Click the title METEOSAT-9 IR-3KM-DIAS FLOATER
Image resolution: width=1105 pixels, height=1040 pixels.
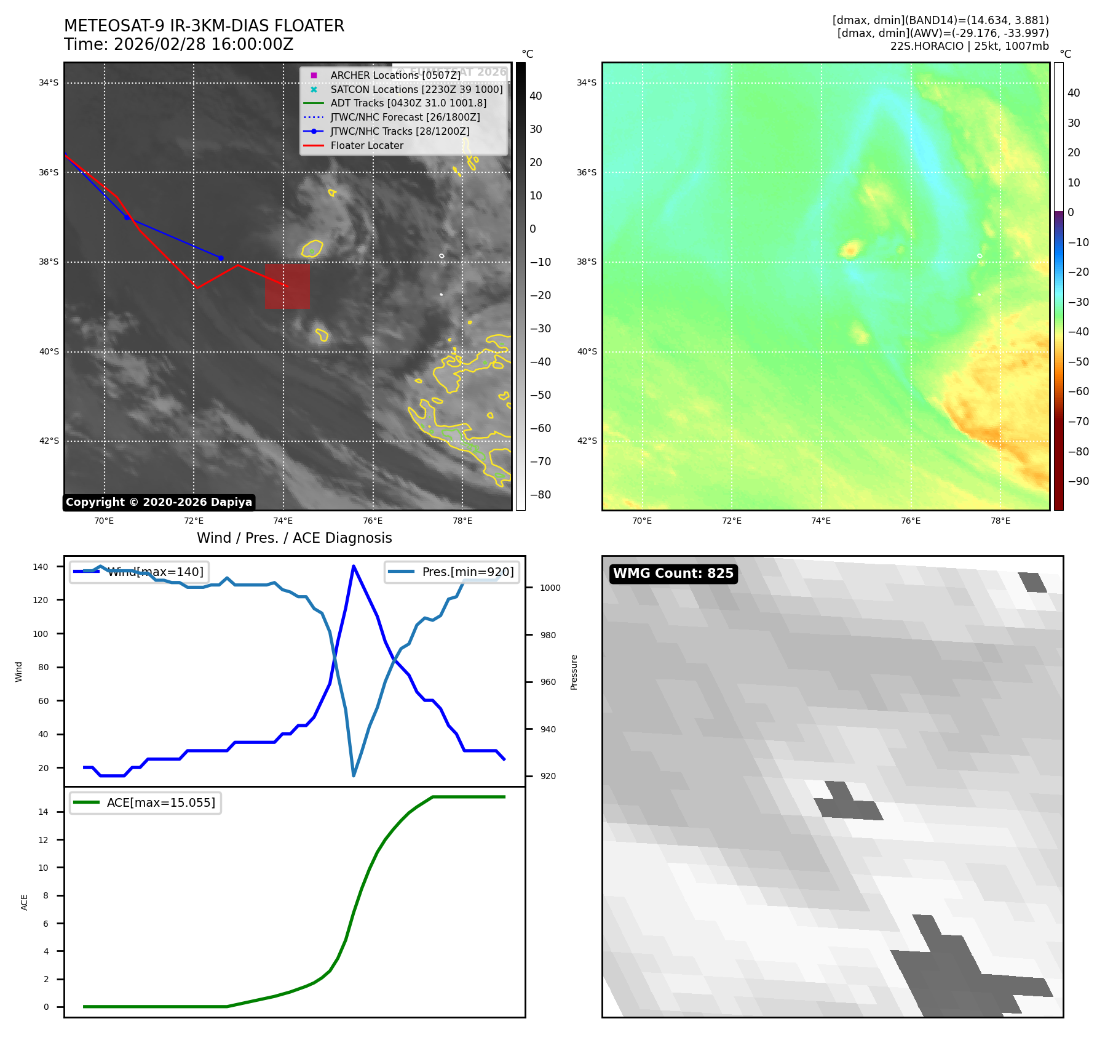(204, 26)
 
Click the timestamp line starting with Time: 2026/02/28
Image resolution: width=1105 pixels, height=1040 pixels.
(178, 45)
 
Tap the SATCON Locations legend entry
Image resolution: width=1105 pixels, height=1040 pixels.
(416, 89)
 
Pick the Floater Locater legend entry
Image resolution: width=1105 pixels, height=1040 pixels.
(366, 145)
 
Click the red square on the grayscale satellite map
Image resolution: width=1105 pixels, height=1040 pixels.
(287, 286)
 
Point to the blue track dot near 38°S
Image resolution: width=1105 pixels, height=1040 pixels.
(221, 258)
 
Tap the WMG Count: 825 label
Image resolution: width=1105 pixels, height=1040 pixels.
(673, 574)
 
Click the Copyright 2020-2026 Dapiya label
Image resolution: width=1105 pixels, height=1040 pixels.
(159, 502)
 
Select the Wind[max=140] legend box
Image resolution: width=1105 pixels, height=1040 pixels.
(139, 572)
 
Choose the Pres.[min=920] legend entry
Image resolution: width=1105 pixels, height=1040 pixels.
(453, 572)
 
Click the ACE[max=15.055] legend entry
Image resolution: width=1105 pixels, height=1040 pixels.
(146, 802)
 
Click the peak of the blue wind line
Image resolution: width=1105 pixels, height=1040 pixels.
(354, 566)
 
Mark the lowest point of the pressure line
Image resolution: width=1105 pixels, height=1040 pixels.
(354, 775)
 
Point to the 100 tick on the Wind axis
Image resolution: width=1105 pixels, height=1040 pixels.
(41, 634)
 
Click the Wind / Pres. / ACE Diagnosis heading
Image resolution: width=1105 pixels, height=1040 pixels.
(294, 538)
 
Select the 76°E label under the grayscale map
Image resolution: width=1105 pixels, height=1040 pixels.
(373, 521)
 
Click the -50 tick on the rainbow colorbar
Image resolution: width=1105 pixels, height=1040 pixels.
(1078, 362)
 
